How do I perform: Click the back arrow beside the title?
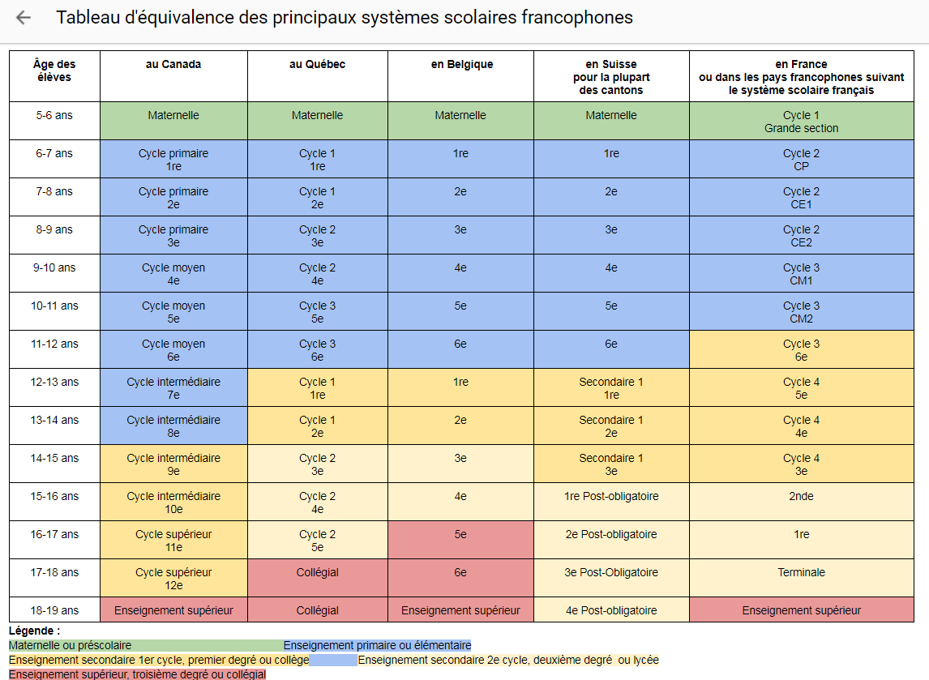click(24, 18)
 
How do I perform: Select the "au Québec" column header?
click(317, 65)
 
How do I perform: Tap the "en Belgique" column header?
click(460, 65)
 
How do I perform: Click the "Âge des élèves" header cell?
click(54, 71)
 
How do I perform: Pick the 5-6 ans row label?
click(54, 116)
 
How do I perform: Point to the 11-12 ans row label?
click(54, 344)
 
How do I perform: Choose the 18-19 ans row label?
click(54, 610)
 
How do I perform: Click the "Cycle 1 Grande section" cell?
click(801, 122)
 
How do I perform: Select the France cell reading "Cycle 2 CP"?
click(801, 160)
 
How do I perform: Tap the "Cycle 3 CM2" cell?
click(801, 312)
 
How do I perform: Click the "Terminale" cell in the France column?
click(801, 572)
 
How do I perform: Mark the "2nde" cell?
click(801, 496)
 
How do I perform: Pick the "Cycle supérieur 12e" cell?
click(173, 579)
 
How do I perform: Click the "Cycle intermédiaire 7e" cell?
click(173, 388)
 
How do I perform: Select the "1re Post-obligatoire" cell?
click(611, 496)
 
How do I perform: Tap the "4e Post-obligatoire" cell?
click(611, 610)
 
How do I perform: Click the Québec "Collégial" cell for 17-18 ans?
click(317, 572)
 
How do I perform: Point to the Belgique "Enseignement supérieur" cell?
click(460, 610)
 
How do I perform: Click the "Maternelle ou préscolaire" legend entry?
click(70, 646)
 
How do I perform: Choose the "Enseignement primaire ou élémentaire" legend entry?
click(377, 646)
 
